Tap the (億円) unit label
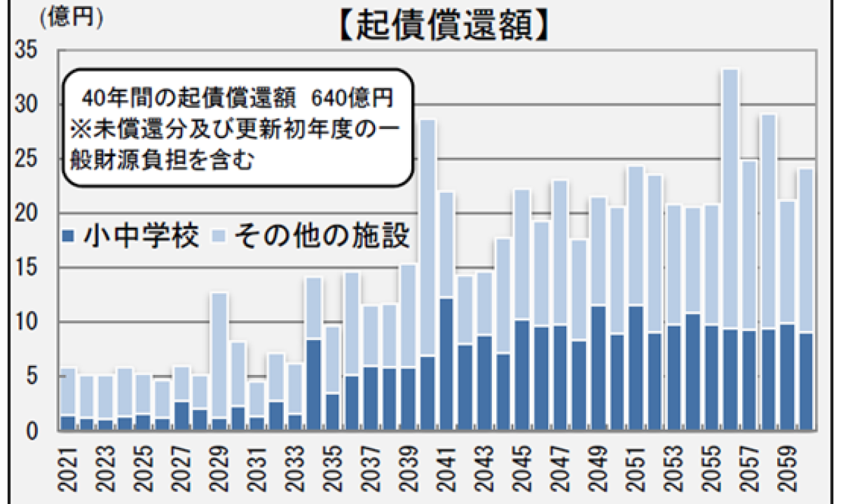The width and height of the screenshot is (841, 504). click(71, 18)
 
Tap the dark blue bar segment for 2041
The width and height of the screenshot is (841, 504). click(446, 365)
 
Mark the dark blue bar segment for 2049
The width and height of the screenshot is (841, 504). click(598, 367)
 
